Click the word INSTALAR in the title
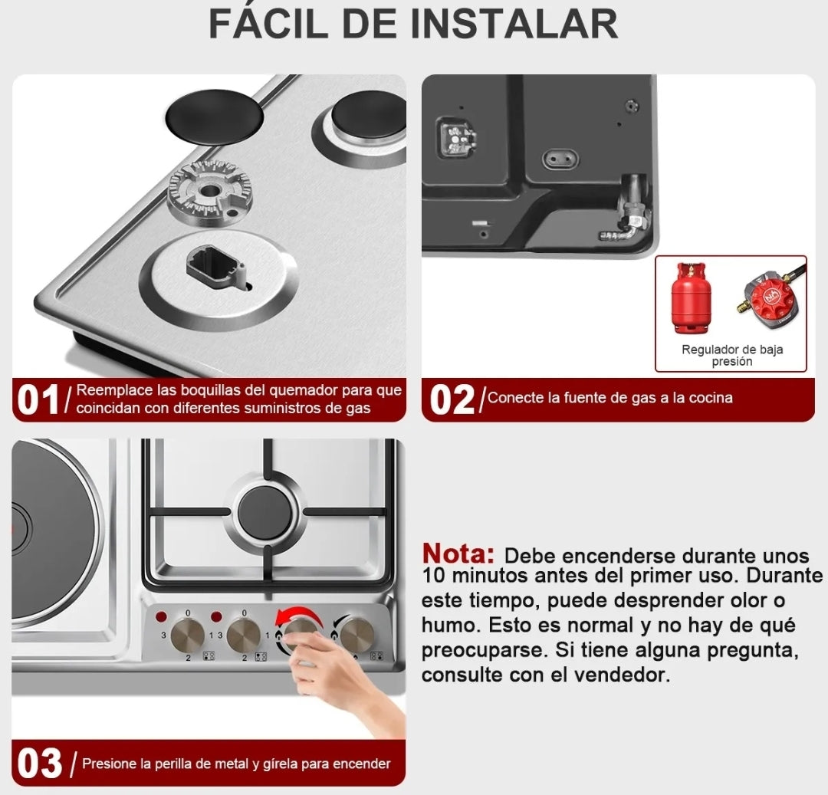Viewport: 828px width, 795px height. (x=514, y=24)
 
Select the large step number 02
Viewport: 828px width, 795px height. (x=452, y=400)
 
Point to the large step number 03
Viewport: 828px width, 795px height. (x=39, y=764)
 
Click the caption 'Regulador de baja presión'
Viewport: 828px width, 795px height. (x=732, y=356)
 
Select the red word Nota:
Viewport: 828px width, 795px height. (x=458, y=554)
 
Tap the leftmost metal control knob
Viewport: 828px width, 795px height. (x=187, y=636)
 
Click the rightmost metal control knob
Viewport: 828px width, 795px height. (x=357, y=635)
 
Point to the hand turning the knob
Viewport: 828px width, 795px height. (x=345, y=675)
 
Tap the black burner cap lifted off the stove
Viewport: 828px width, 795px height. (x=215, y=117)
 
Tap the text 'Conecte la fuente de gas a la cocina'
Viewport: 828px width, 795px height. (x=609, y=398)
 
